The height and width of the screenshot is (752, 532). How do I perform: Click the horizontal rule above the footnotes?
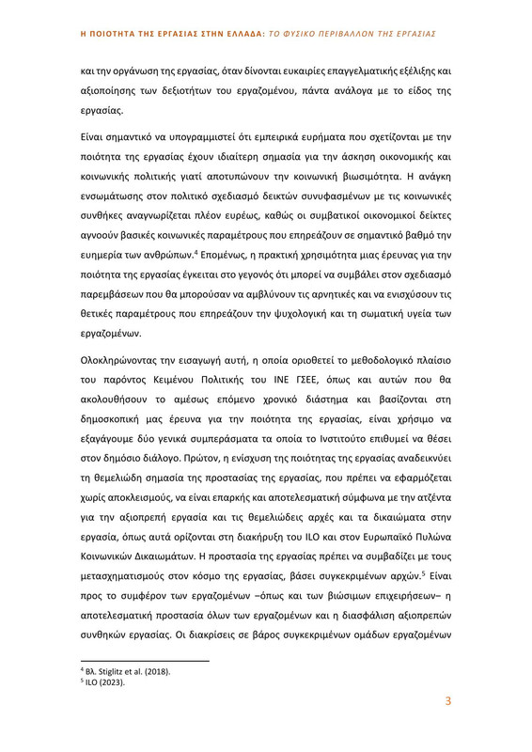click(146, 660)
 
